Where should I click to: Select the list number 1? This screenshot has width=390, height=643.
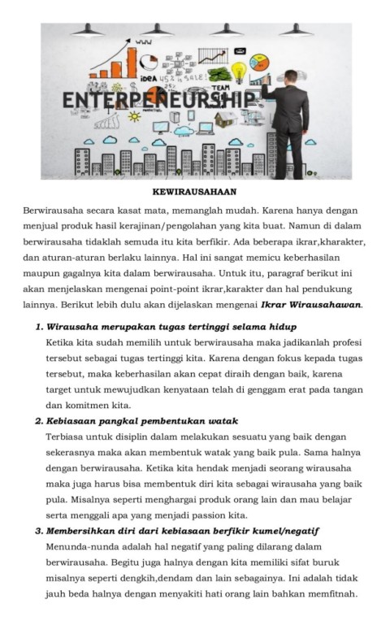[38, 326]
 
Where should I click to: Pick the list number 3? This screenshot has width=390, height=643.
[38, 531]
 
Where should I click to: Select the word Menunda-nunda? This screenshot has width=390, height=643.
[80, 546]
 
